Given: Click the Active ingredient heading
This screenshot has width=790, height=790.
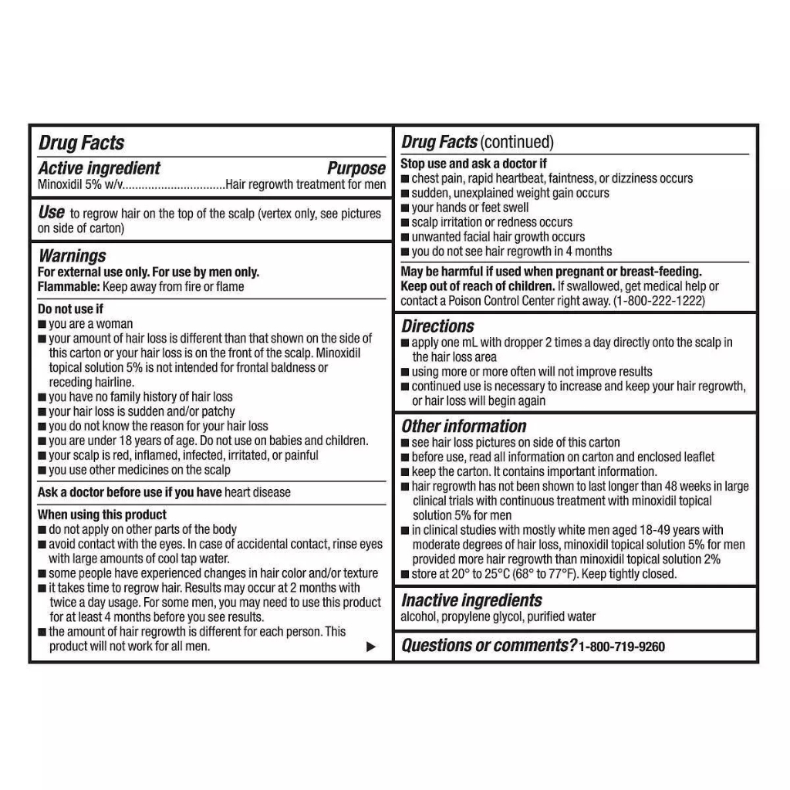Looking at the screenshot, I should pos(99,168).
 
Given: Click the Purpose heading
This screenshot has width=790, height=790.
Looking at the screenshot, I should pos(356,168).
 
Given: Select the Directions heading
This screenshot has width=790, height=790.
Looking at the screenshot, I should pos(437,326).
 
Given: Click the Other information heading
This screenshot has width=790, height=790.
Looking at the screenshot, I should pos(464,426).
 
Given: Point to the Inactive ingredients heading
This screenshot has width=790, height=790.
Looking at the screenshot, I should pos(471,600).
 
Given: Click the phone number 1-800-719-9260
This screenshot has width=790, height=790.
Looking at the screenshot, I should pos(622,647).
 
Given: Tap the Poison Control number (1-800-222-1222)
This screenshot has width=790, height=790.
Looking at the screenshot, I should pos(659,301).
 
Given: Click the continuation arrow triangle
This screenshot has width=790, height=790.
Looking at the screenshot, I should pos(371,647).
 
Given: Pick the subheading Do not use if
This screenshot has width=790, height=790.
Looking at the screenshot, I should pos(70,309).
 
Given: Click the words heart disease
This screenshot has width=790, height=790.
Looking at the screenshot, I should pos(258,492).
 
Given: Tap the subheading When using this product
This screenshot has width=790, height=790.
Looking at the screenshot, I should pos(102,515).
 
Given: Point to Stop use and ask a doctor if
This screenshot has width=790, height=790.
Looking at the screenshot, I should pos(474,164).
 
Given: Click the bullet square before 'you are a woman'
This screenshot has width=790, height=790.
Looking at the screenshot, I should pos(42,325).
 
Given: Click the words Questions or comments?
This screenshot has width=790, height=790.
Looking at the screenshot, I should pos(488,646).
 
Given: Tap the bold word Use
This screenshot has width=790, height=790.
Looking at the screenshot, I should pos(51,212).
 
